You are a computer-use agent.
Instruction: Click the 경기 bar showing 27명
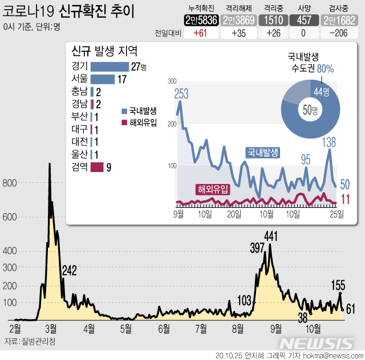point(109,67)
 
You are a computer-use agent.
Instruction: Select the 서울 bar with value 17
point(102,79)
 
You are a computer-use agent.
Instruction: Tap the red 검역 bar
point(96,167)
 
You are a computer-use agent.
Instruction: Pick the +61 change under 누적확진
point(200,33)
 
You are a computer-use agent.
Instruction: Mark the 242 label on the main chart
point(70,271)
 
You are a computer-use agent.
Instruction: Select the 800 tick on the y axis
point(9,183)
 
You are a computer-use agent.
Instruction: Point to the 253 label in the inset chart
point(181,94)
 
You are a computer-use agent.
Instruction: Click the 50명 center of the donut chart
point(310,110)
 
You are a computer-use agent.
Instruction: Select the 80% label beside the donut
point(326,69)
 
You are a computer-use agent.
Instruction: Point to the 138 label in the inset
point(329,142)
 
